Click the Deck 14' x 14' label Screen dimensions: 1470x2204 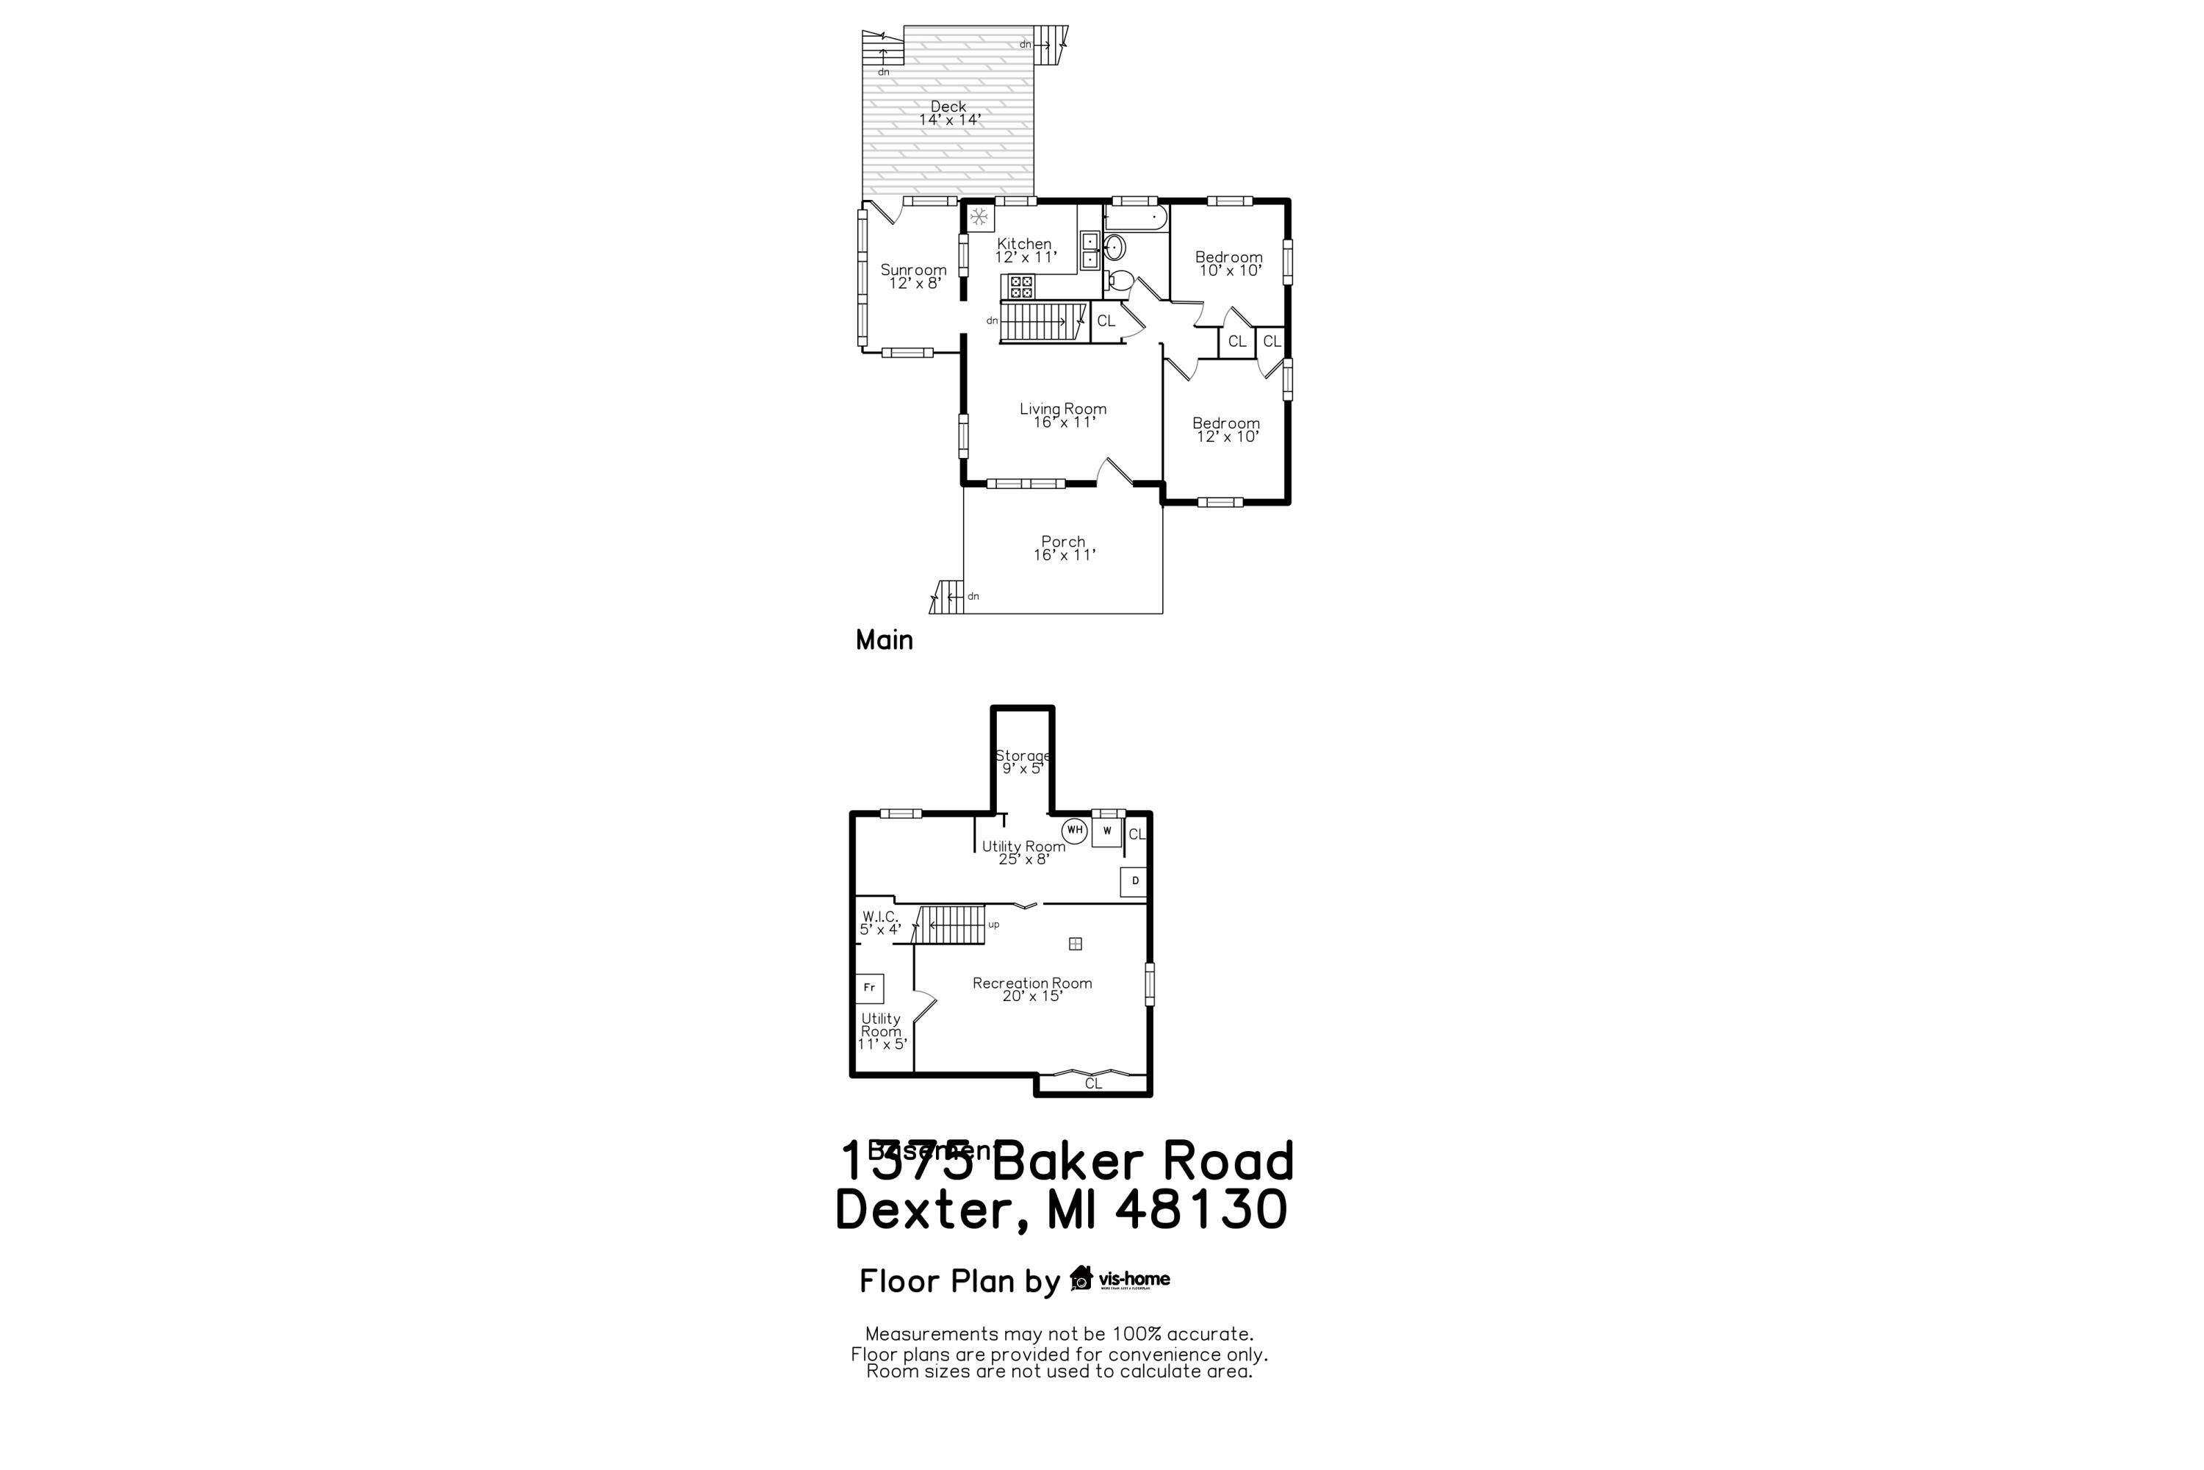coord(948,112)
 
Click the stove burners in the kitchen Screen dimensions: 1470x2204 coord(1021,286)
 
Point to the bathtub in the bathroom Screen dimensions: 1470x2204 coord(1136,218)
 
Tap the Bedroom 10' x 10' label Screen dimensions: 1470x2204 coord(1228,263)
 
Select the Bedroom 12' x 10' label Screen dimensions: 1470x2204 coord(1225,429)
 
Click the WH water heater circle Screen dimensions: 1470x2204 coord(1075,830)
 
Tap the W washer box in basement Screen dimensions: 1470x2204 coord(1106,831)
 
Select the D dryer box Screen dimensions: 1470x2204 coord(1134,881)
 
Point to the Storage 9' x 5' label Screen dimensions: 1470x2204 coord(1023,761)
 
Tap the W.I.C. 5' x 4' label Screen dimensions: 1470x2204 coord(880,922)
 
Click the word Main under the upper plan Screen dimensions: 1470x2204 coord(884,640)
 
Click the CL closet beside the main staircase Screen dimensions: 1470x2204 coord(1106,320)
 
